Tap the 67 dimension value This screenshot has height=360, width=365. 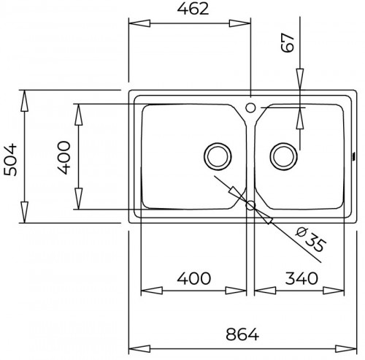click(x=289, y=43)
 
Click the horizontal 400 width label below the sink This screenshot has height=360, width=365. click(x=193, y=278)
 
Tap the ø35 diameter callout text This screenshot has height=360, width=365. click(x=309, y=240)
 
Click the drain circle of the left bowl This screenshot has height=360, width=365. click(x=218, y=154)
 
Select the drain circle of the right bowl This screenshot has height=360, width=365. click(x=284, y=154)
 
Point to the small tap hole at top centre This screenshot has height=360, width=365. click(x=251, y=108)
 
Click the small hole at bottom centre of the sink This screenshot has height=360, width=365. click(x=251, y=205)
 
